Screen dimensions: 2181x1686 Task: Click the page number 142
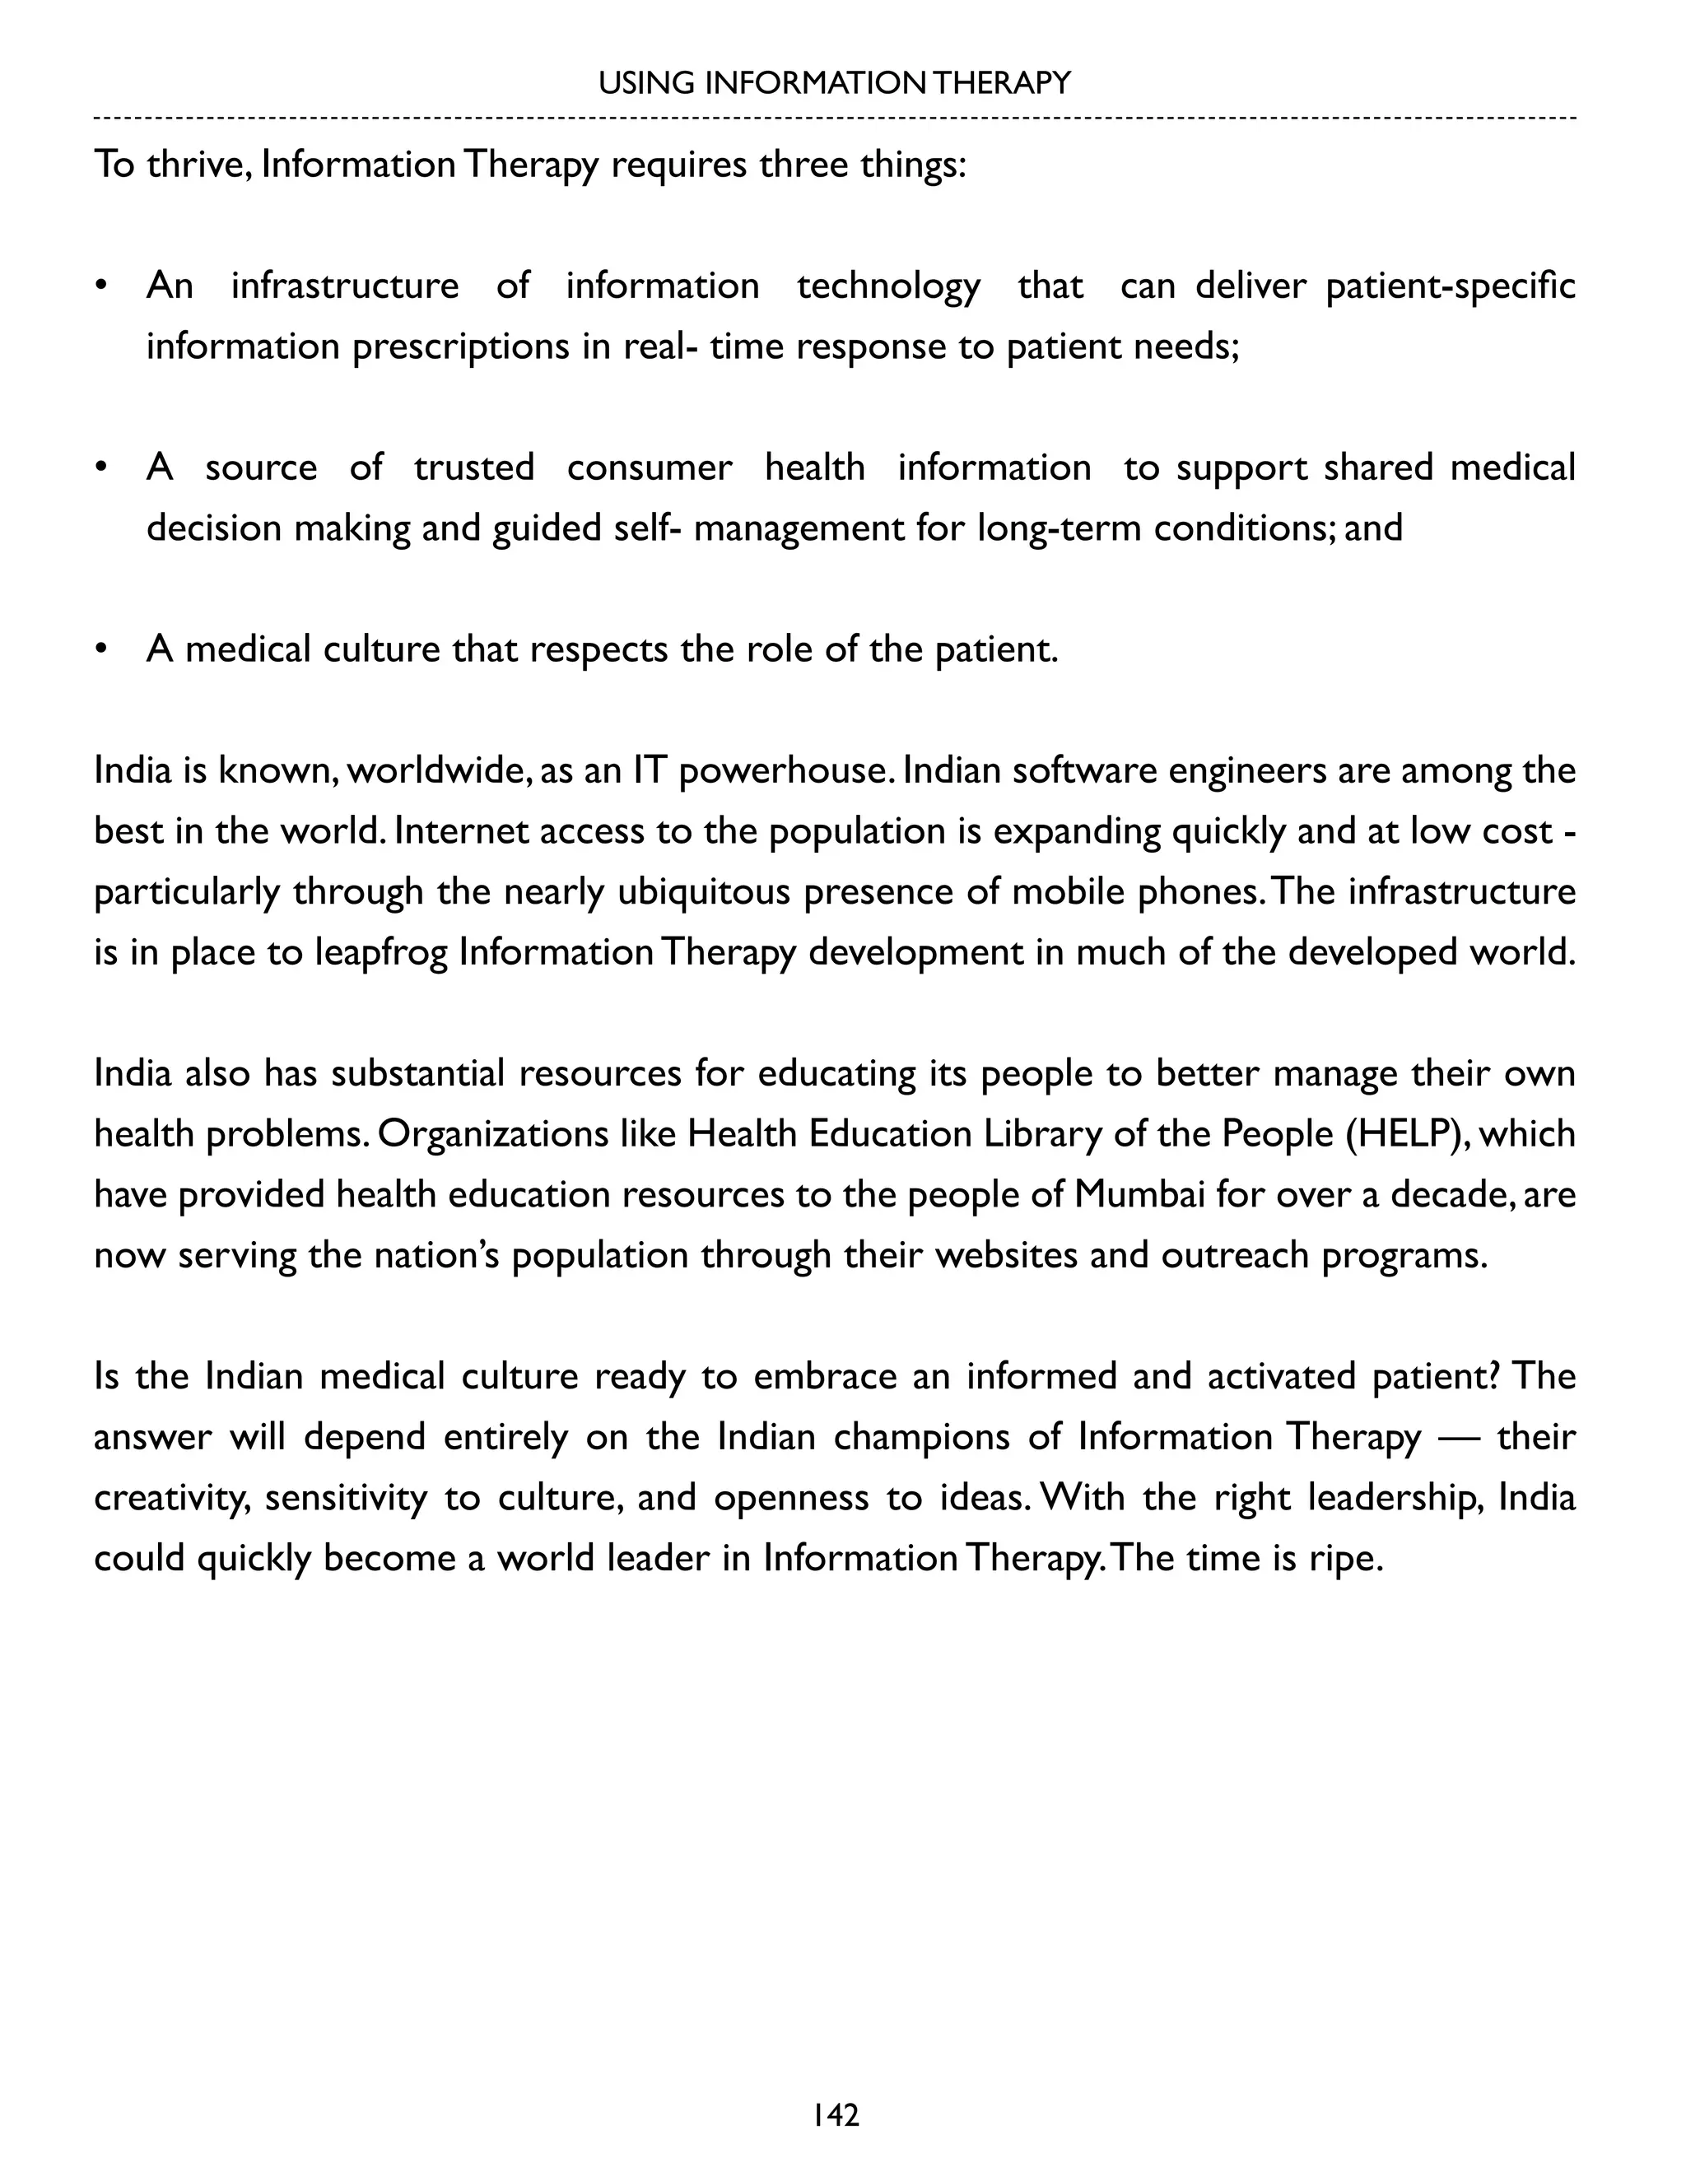click(835, 2116)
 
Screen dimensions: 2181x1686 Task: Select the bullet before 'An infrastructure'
click(100, 286)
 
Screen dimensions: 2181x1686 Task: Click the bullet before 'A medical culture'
click(100, 650)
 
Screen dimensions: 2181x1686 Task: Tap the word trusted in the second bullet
click(473, 468)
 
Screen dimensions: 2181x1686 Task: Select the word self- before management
click(648, 528)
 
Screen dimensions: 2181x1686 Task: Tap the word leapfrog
click(380, 953)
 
